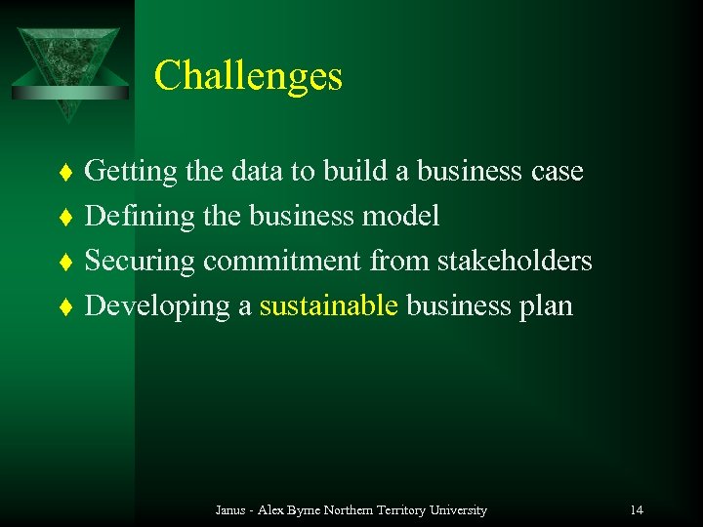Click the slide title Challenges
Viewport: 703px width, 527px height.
248,76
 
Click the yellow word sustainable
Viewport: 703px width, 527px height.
328,305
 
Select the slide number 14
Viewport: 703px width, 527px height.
637,509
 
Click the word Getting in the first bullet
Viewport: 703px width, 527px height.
131,173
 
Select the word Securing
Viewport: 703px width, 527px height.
141,262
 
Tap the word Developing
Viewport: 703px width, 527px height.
157,306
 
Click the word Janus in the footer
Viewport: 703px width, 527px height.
230,509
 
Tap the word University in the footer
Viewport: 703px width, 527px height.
457,509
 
